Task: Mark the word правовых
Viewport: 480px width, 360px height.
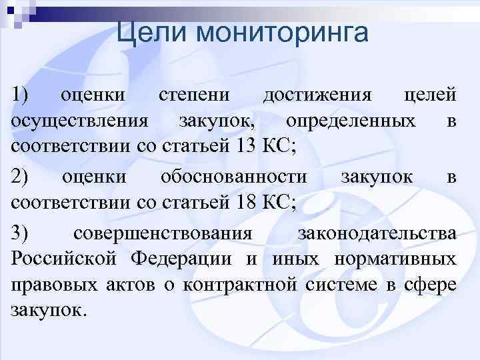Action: click(x=51, y=285)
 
